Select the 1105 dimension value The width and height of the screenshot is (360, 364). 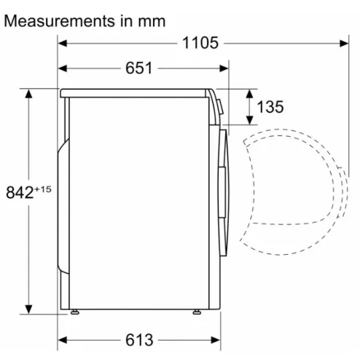tap(200, 43)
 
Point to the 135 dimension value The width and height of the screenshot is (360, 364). tap(270, 107)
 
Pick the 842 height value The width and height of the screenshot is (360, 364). tap(22, 193)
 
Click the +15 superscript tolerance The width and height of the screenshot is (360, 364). tap(45, 188)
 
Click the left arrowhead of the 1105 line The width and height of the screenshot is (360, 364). tap(62, 43)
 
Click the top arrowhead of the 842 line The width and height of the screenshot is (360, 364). tap(28, 94)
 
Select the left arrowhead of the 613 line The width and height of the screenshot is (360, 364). tap(62, 339)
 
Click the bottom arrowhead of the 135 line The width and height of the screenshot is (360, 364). tap(250, 122)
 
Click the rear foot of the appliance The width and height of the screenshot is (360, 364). tap(75, 313)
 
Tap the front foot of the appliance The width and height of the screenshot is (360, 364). tap(198, 313)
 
